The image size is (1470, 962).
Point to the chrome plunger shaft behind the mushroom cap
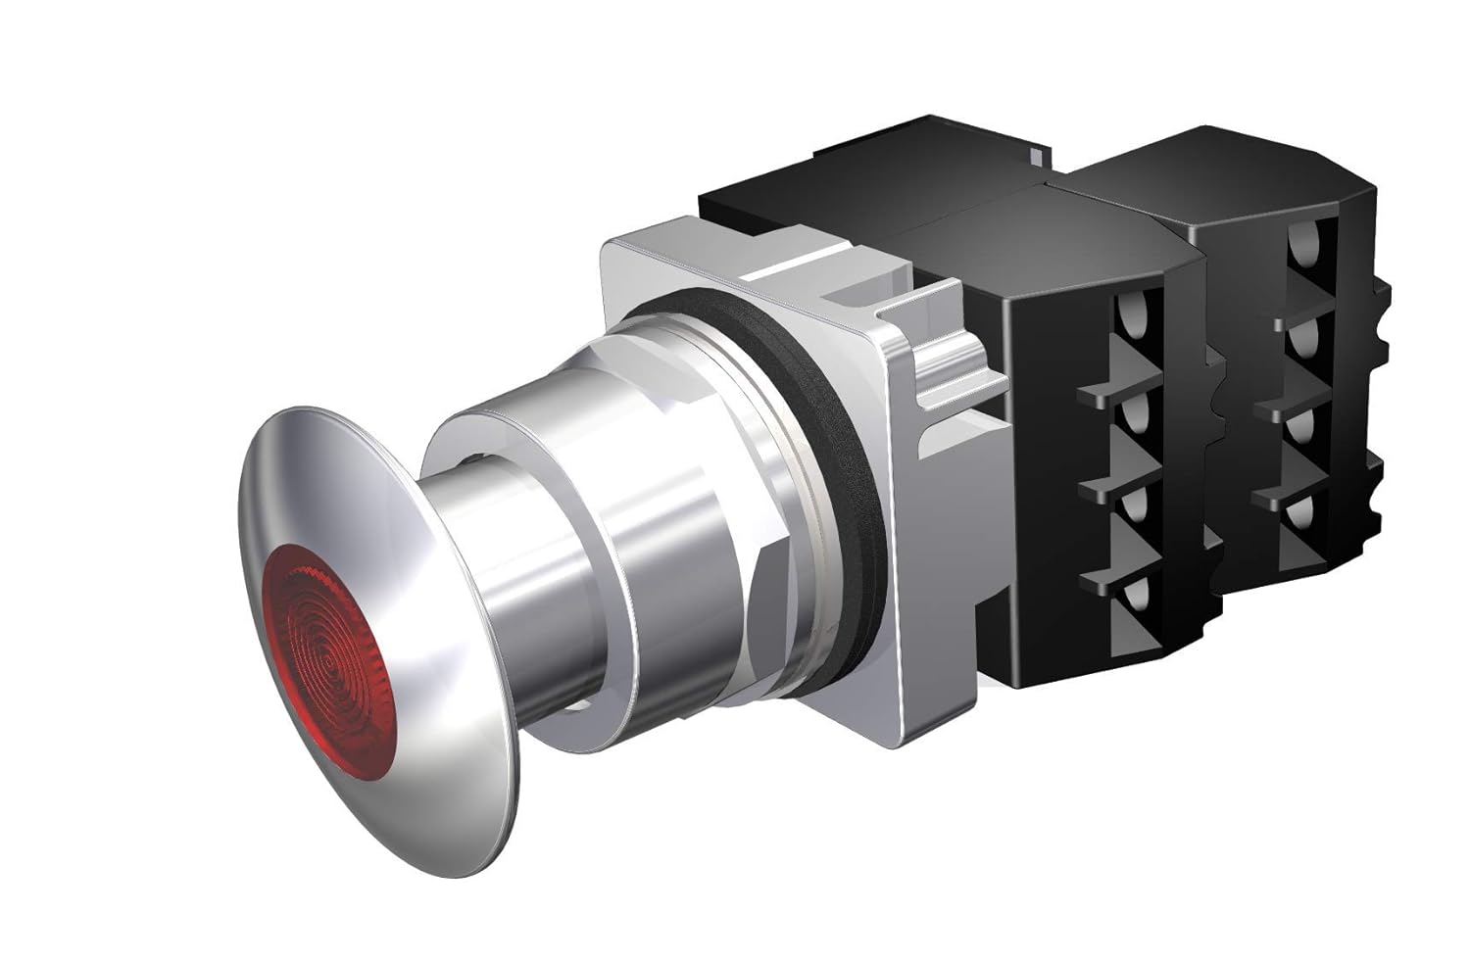[x=510, y=607]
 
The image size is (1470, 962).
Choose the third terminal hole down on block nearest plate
[x=1134, y=505]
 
